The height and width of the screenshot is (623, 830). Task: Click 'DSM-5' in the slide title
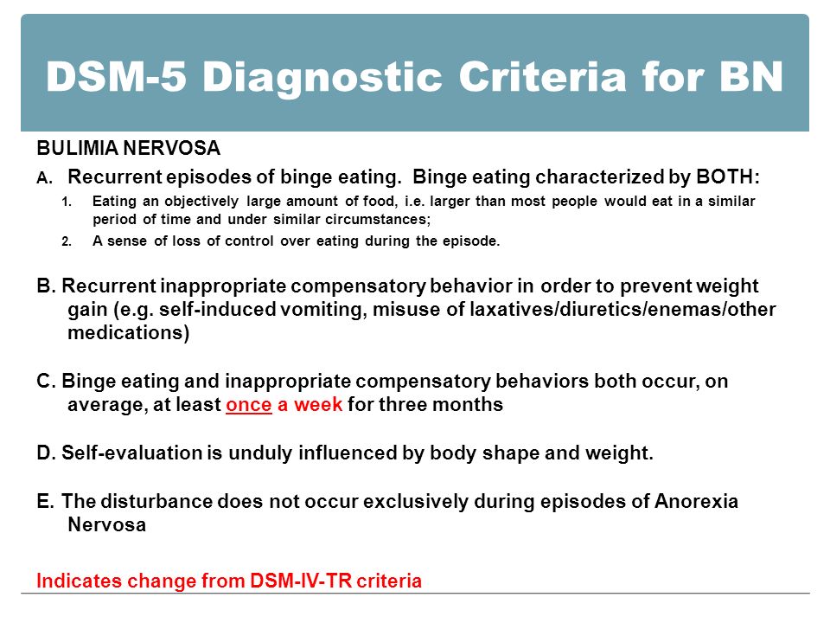(117, 77)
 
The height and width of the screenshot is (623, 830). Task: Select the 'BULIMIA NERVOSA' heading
(129, 148)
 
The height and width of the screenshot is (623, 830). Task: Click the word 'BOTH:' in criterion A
(728, 177)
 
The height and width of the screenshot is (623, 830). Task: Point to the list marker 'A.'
(45, 178)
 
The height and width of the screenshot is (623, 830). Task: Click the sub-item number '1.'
(67, 202)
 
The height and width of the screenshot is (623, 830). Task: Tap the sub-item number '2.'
(67, 241)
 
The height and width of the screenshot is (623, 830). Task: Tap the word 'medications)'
(129, 332)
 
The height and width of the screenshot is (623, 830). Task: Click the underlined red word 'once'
(249, 405)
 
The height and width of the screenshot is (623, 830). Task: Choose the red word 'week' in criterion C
(318, 404)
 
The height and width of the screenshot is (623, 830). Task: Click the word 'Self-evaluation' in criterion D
(131, 453)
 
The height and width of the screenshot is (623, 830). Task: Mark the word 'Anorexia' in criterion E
(696, 501)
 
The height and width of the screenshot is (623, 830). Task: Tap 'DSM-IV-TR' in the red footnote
(301, 581)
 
